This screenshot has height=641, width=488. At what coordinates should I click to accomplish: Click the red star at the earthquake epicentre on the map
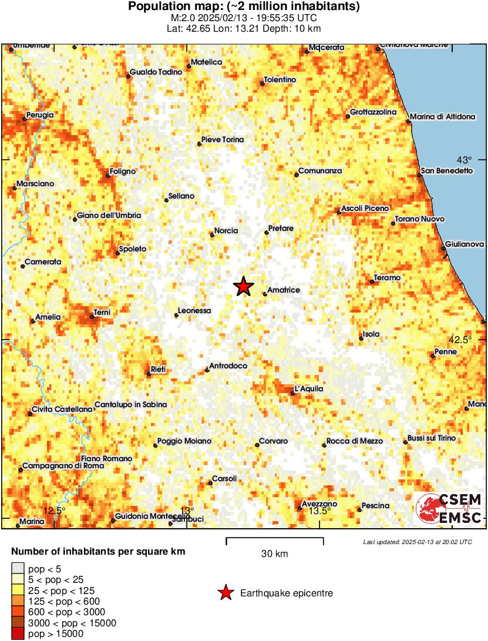(243, 287)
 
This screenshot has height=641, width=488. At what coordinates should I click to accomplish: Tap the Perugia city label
(41, 115)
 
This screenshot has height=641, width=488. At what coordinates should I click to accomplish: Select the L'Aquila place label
(309, 389)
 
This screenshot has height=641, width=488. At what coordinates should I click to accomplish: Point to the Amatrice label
(284, 290)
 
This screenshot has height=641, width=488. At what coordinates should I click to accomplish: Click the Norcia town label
(226, 231)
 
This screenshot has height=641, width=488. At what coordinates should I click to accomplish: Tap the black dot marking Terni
(92, 317)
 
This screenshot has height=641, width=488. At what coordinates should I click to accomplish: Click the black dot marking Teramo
(372, 282)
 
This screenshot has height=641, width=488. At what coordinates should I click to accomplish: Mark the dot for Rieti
(149, 374)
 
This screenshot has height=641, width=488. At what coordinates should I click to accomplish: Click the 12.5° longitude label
(54, 511)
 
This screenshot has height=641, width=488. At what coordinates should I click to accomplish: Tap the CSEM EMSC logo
(449, 508)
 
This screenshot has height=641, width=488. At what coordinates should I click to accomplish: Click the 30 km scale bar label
(274, 553)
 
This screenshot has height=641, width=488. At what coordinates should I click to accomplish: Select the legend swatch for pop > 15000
(18, 633)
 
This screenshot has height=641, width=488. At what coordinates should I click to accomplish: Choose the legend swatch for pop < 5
(18, 568)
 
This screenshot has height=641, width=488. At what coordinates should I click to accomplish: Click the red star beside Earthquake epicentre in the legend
(225, 593)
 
